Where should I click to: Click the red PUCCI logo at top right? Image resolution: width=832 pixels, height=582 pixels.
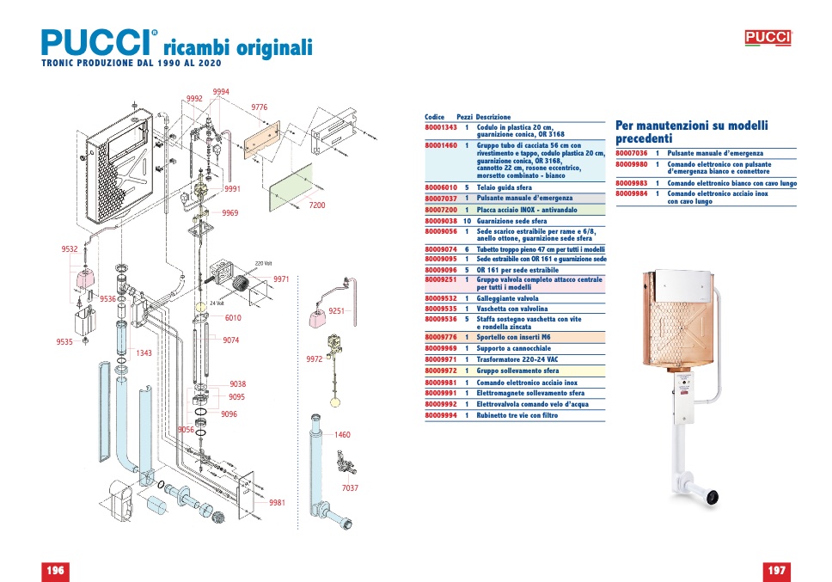pyautogui.click(x=768, y=38)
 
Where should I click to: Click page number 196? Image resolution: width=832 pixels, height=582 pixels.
pyautogui.click(x=55, y=571)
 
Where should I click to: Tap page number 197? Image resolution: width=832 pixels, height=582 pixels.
pyautogui.click(x=776, y=571)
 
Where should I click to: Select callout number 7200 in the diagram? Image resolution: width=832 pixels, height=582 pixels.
pyautogui.click(x=317, y=205)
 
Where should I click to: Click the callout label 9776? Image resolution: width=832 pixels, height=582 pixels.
pyautogui.click(x=260, y=107)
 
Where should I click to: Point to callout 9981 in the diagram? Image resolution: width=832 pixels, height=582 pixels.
pyautogui.click(x=277, y=502)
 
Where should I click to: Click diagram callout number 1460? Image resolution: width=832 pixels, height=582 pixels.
pyautogui.click(x=342, y=434)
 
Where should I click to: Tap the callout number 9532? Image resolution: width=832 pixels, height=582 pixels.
pyautogui.click(x=70, y=248)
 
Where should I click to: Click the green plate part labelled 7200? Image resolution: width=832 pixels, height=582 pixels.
pyautogui.click(x=291, y=187)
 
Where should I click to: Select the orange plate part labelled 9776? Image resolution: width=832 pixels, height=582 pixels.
pyautogui.click(x=261, y=139)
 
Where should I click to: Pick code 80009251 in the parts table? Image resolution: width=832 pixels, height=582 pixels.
pyautogui.click(x=440, y=279)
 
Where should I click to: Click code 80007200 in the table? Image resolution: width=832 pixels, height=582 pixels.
pyautogui.click(x=440, y=210)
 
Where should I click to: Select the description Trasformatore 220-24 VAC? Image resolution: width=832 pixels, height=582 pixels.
pyautogui.click(x=517, y=359)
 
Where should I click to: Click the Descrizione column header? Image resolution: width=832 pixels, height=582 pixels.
pyautogui.click(x=493, y=117)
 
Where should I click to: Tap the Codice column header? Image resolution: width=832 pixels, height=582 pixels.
pyautogui.click(x=435, y=117)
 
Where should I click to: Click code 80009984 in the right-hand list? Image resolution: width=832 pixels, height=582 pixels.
pyautogui.click(x=632, y=193)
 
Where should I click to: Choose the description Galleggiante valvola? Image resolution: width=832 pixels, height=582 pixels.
pyautogui.click(x=507, y=298)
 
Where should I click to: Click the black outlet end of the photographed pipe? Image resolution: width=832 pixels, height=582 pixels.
pyautogui.click(x=711, y=497)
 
